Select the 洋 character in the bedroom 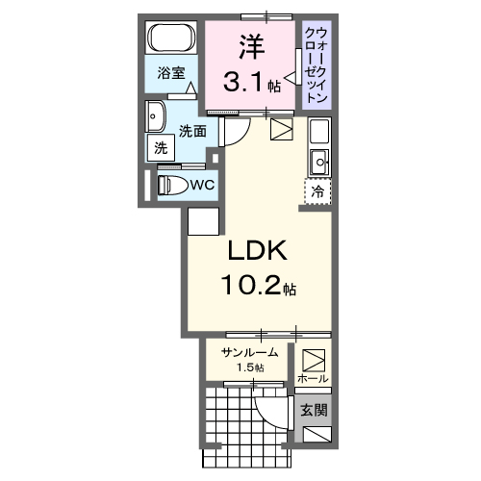[x=250, y=46]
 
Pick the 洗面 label [x=192, y=131]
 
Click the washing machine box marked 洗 [x=160, y=149]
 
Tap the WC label [x=202, y=184]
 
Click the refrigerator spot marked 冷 [x=316, y=190]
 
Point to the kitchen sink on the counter [x=318, y=158]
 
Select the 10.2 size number [x=252, y=288]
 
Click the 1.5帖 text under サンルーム [x=248, y=367]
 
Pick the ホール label [x=314, y=378]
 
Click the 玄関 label [x=314, y=411]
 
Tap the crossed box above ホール [x=314, y=360]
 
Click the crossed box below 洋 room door [x=281, y=130]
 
